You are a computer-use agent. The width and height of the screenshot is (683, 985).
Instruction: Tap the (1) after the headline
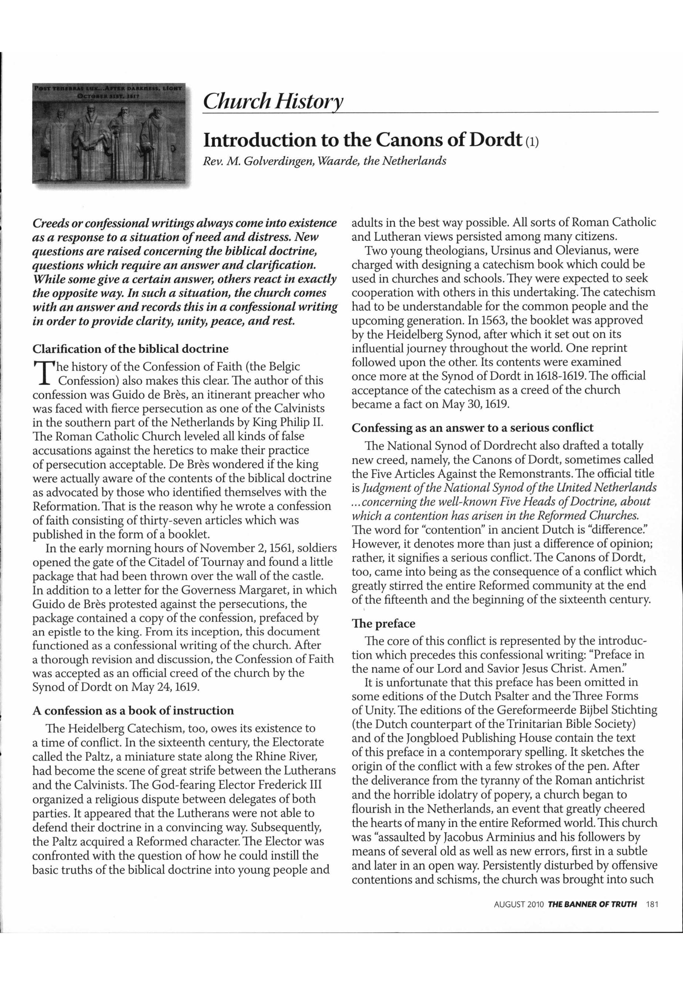pyautogui.click(x=531, y=142)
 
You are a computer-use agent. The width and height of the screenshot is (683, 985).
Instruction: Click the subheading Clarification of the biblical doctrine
pyautogui.click(x=131, y=348)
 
